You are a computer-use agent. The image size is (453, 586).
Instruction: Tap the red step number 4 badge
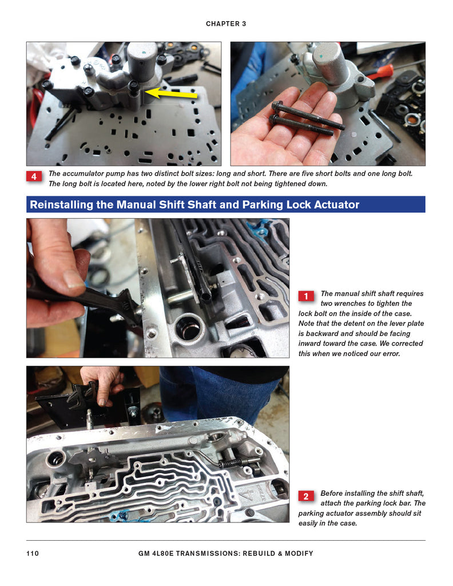[x=34, y=176]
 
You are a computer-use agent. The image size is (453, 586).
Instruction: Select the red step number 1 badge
[x=306, y=296]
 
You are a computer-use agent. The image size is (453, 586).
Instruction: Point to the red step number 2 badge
[x=306, y=496]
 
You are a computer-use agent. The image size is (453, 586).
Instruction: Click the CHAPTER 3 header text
[x=226, y=23]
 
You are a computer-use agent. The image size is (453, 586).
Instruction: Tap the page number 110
[x=33, y=553]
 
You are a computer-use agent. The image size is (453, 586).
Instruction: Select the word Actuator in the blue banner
[x=339, y=204]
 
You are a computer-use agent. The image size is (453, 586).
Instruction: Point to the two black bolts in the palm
[x=306, y=117]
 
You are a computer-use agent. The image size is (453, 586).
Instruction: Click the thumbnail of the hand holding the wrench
[x=158, y=288]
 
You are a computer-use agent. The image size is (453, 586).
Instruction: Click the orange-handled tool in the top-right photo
[x=379, y=72]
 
